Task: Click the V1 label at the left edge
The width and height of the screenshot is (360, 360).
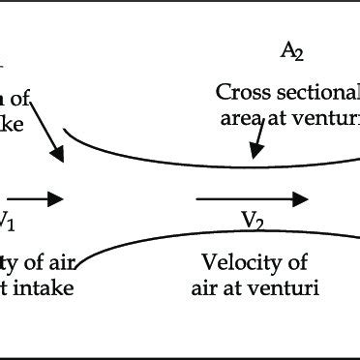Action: tap(8, 221)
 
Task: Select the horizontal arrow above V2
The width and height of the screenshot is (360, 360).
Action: tap(252, 199)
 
